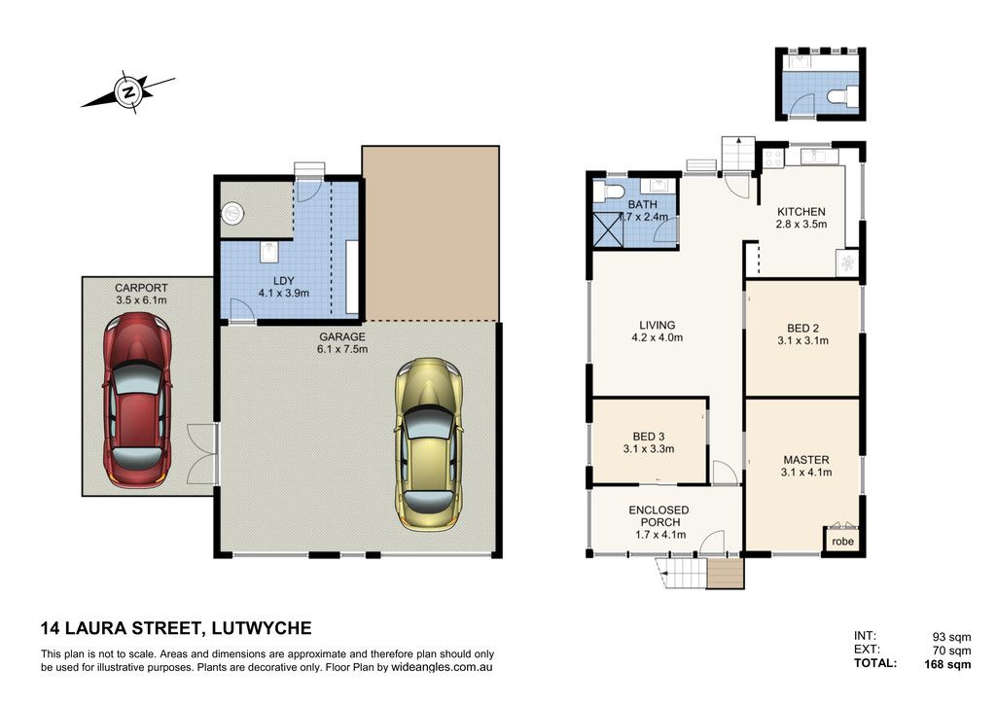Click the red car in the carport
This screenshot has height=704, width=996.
click(137, 400)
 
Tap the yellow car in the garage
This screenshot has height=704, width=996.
click(428, 444)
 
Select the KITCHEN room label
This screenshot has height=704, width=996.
click(801, 211)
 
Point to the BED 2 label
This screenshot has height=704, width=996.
click(802, 329)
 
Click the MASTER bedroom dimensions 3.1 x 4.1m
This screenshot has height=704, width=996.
click(806, 472)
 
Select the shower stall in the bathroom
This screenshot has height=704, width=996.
click(608, 229)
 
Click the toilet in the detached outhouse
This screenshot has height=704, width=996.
click(842, 96)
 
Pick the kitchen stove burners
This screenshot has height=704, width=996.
click(773, 158)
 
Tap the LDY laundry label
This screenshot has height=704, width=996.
click(283, 281)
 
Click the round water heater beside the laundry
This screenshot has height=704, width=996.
click(232, 213)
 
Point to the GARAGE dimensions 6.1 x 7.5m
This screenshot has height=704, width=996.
click(342, 348)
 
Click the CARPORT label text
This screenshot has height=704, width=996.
click(141, 288)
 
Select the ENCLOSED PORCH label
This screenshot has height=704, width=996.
click(659, 515)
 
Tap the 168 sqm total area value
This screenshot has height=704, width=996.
click(947, 664)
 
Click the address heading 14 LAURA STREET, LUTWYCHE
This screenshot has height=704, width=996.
click(176, 628)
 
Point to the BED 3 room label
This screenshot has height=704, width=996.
click(649, 437)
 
